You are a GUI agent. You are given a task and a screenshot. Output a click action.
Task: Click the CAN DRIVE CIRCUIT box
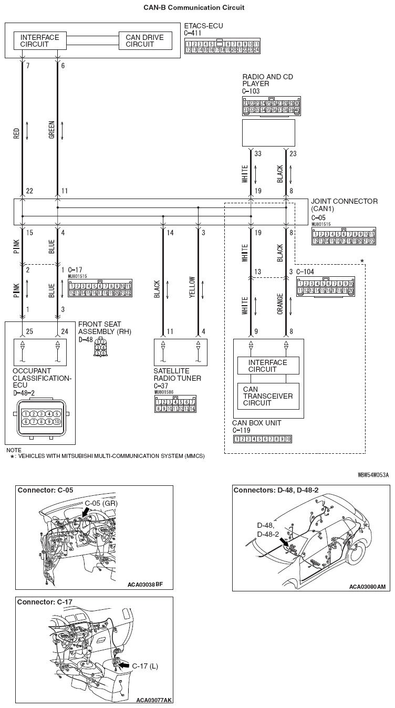point(144,41)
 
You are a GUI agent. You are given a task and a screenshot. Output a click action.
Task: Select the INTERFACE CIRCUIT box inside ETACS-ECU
point(40,41)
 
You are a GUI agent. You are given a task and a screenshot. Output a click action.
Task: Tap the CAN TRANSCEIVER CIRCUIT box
point(268,396)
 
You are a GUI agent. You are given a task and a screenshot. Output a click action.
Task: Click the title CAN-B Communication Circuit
point(194,8)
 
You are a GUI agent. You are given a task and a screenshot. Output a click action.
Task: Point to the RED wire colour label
point(17,136)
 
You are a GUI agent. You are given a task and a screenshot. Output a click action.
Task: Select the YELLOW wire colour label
point(192,287)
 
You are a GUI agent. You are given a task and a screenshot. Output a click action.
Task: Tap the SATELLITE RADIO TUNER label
point(173,374)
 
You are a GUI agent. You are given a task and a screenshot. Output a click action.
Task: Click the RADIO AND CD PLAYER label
point(267,80)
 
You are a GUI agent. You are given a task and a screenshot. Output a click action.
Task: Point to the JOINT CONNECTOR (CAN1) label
point(344,204)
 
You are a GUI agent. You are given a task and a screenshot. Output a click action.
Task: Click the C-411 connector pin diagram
point(222,46)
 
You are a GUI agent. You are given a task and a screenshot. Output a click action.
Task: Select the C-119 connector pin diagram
point(263,439)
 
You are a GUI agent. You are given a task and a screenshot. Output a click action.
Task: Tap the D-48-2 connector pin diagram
point(40,418)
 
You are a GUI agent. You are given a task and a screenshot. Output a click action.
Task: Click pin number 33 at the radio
point(258,153)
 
